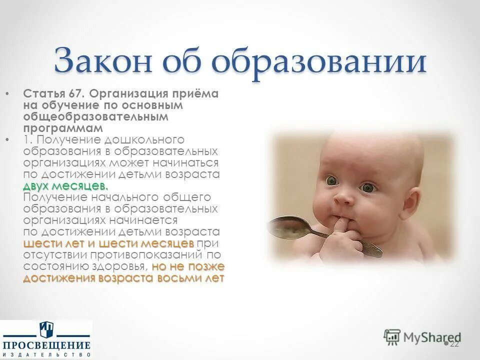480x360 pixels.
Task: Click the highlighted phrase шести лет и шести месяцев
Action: pos(109,243)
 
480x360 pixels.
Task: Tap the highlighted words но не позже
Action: pos(188,266)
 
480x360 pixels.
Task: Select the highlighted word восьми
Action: pos(180,278)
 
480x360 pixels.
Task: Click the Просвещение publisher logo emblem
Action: pos(46,330)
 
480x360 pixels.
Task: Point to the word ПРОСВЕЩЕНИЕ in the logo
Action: pos(46,345)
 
